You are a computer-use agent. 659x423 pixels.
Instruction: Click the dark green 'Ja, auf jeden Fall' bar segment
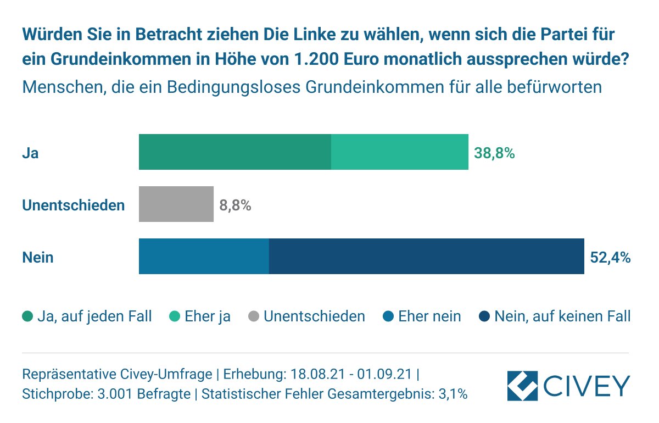pos(234,152)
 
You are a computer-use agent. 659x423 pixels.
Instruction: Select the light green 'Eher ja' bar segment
pos(399,152)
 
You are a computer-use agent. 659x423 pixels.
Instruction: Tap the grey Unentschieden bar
pos(176,204)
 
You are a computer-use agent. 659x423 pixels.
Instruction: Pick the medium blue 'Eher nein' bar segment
pos(204,256)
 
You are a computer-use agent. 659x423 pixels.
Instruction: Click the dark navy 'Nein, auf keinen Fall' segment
pos(426,256)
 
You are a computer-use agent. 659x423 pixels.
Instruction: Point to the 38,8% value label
pos(494,153)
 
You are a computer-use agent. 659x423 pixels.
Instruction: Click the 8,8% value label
pos(235,206)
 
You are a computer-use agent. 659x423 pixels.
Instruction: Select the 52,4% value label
pos(610,257)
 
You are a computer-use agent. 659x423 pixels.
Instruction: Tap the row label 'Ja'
pos(30,153)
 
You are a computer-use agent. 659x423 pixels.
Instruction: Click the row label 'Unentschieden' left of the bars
pos(73,205)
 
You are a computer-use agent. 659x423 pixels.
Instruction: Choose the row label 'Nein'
pos(37,257)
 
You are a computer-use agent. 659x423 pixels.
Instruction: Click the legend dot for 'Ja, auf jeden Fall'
pos(27,316)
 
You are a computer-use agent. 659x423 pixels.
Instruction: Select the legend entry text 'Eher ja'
pos(208,316)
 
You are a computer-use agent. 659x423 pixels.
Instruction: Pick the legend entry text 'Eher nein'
pos(429,316)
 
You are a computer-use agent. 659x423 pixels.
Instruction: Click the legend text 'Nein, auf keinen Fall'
pos(562,316)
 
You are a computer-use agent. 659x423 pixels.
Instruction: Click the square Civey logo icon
pos(522,386)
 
